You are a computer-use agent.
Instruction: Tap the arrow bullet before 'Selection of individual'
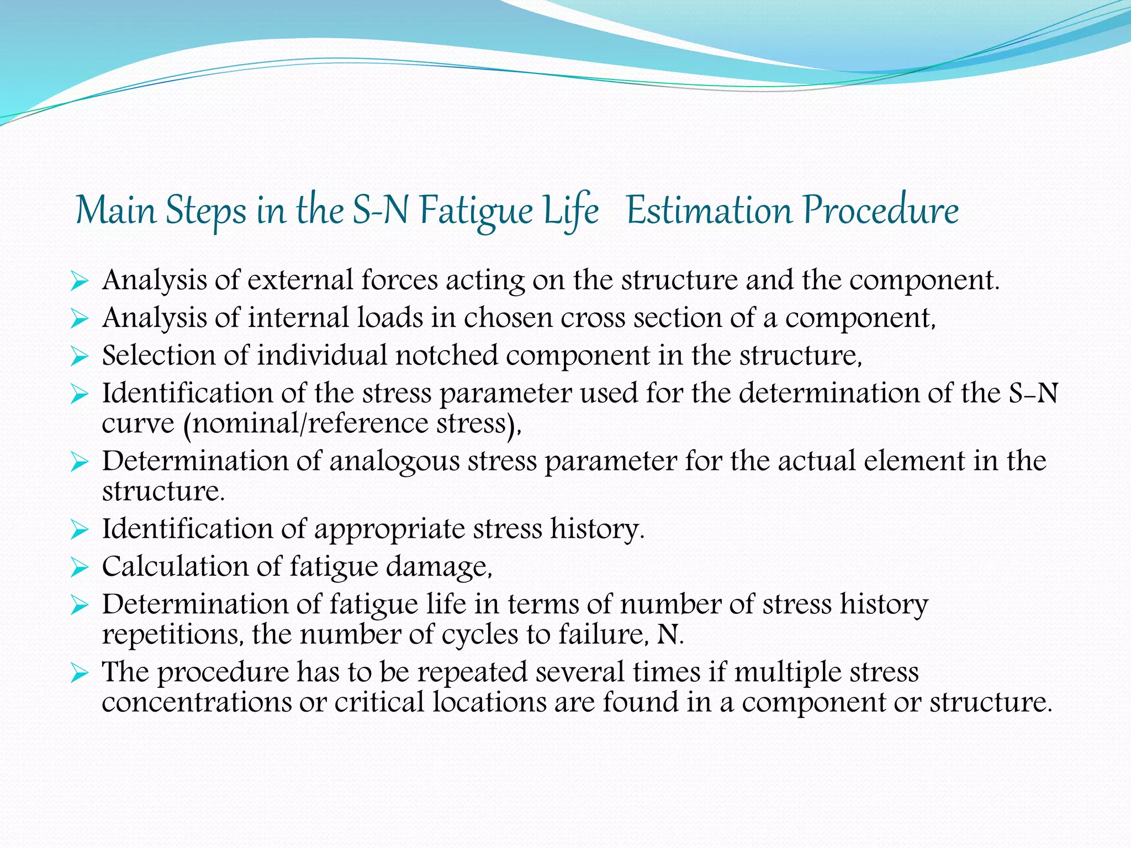click(x=80, y=357)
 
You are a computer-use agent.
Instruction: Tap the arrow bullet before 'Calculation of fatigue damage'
click(x=80, y=568)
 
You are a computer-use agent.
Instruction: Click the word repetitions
click(x=172, y=635)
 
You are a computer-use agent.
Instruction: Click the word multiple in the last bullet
click(x=787, y=672)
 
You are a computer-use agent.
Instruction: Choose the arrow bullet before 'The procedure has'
click(x=80, y=674)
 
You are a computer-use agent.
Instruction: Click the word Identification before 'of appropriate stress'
click(x=187, y=529)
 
